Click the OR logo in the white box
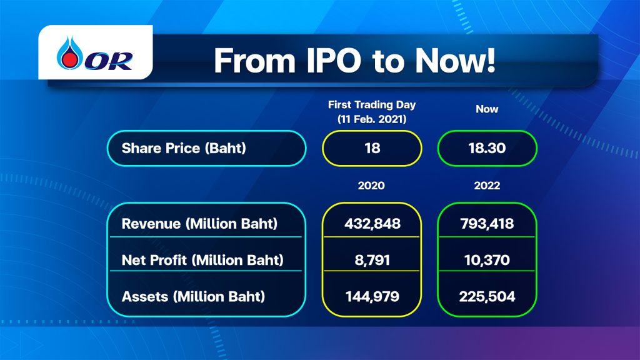click(x=95, y=53)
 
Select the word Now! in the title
click(x=455, y=61)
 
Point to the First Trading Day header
click(x=372, y=105)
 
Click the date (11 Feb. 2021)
click(x=372, y=119)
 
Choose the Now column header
click(x=487, y=109)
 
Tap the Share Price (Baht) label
click(x=184, y=148)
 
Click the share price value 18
click(x=372, y=148)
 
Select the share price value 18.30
click(x=487, y=148)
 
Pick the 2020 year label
click(x=371, y=186)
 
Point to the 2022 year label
click(x=487, y=186)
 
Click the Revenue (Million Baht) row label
click(x=199, y=224)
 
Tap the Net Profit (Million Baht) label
click(x=202, y=260)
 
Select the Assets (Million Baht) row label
click(x=193, y=296)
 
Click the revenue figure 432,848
click(x=372, y=224)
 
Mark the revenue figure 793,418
click(x=487, y=224)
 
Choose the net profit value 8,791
click(x=372, y=260)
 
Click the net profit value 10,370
click(x=487, y=260)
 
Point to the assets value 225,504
click(x=487, y=296)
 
